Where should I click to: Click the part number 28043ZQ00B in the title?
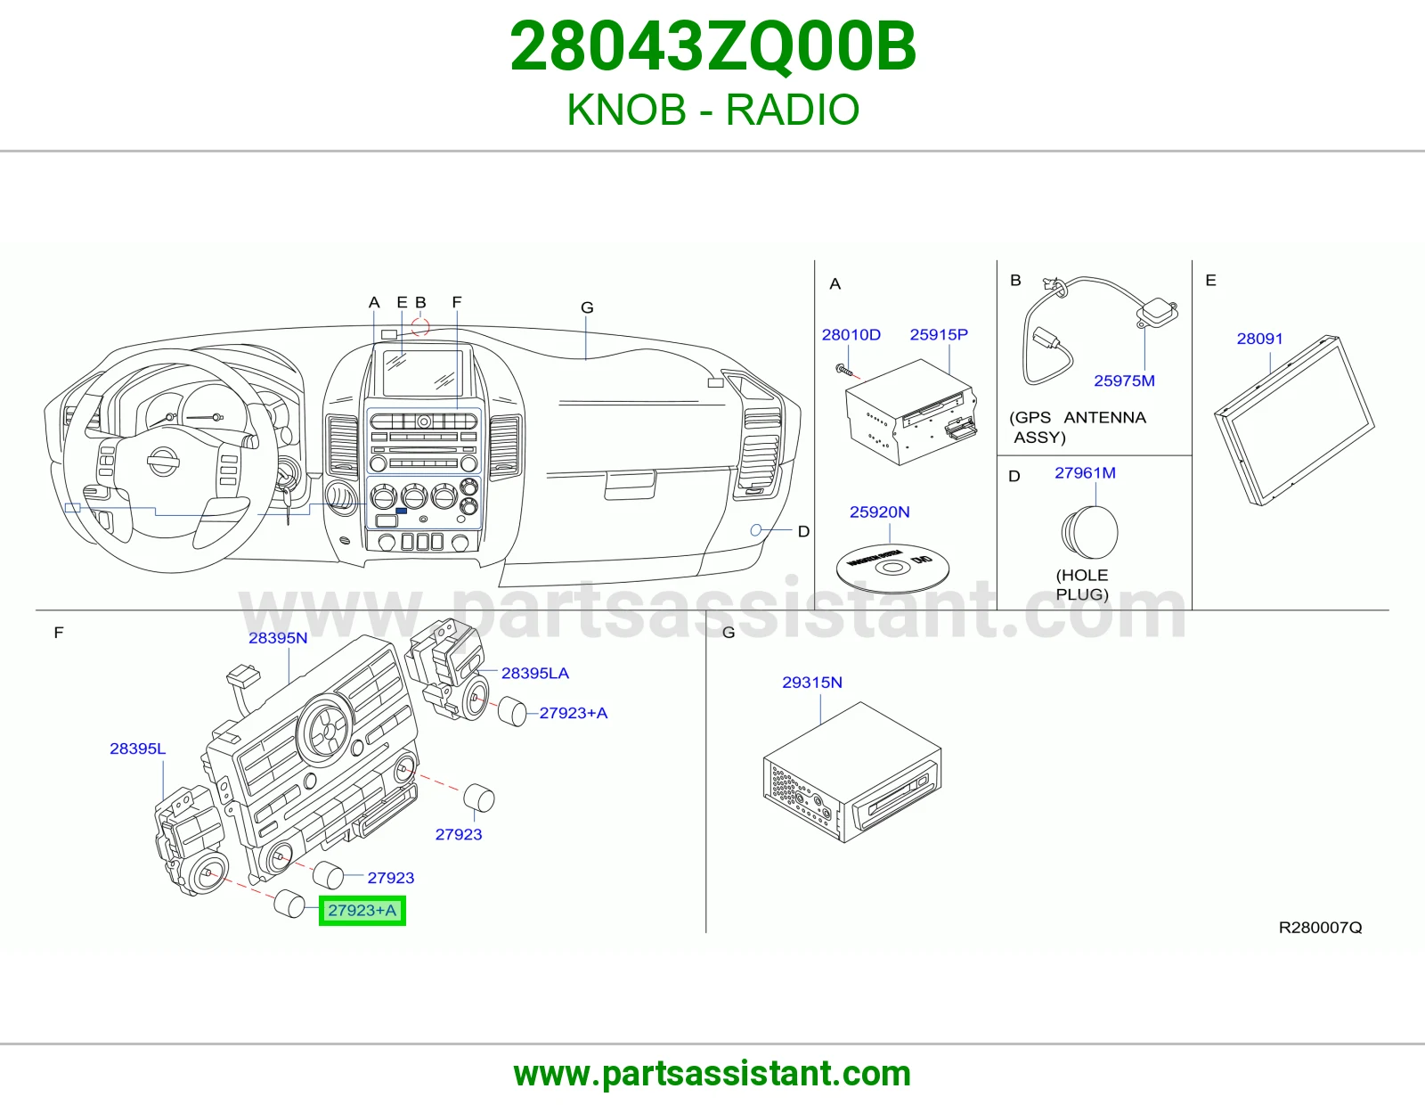[x=712, y=47]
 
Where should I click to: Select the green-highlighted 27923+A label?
[x=362, y=910]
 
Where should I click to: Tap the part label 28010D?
[x=851, y=335]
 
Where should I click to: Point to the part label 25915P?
[x=939, y=334]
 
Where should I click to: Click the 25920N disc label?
[x=879, y=512]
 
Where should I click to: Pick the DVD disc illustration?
[x=892, y=568]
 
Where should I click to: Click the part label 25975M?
[x=1124, y=381]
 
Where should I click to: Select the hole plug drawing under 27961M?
[x=1089, y=532]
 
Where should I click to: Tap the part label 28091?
[x=1259, y=339]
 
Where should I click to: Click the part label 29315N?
[x=812, y=683]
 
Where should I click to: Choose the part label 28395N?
[x=277, y=638]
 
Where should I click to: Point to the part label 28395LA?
[x=534, y=673]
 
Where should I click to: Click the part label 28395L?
[x=138, y=749]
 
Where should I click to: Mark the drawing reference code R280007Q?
[x=1320, y=927]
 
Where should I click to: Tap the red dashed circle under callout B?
[x=420, y=326]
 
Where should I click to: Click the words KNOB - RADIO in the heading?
[x=712, y=110]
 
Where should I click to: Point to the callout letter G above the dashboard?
[x=587, y=307]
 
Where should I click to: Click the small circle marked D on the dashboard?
[x=756, y=530]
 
